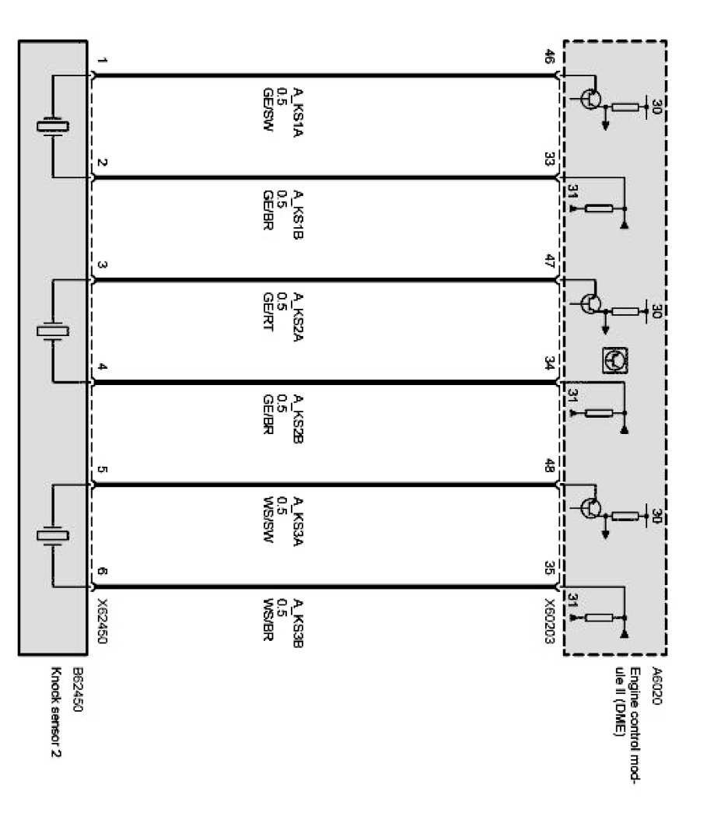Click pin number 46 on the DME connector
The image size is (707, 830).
[x=548, y=58]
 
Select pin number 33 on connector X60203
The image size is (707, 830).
[x=548, y=161]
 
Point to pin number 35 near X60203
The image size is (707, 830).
[x=548, y=568]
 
